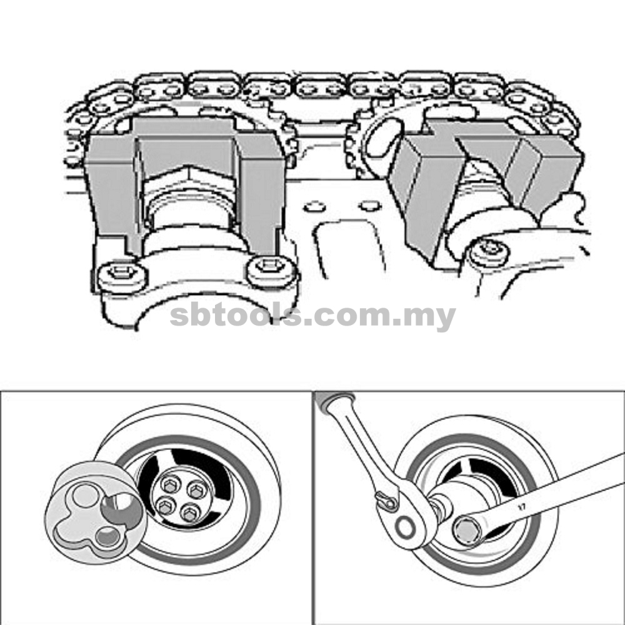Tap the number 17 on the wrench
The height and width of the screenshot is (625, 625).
click(x=521, y=507)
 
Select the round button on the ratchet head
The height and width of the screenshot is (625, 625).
click(x=406, y=527)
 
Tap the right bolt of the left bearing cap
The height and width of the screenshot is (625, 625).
click(x=271, y=269)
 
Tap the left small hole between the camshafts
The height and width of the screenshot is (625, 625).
click(x=314, y=206)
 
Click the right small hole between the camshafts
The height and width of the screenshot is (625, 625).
click(x=370, y=206)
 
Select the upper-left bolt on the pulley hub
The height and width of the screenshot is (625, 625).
click(x=170, y=485)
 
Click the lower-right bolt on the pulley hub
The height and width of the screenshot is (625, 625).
click(x=190, y=512)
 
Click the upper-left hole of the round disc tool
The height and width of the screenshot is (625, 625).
click(x=85, y=494)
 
